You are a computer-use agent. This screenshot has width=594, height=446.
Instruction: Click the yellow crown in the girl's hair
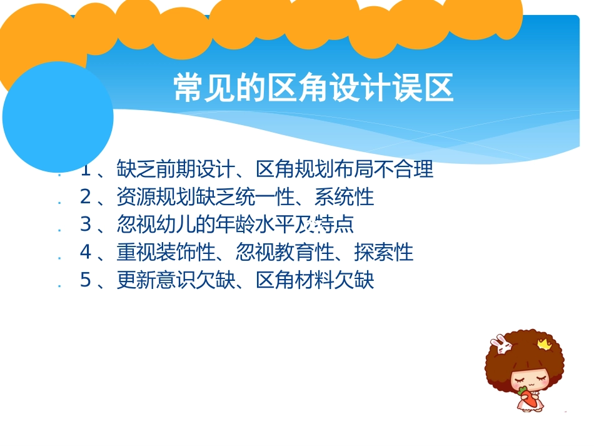[x=542, y=343]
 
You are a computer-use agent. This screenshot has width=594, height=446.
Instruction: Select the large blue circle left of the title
[x=58, y=117]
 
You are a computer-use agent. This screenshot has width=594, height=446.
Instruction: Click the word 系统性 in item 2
[x=344, y=197]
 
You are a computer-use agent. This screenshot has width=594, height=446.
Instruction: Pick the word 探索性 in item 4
[x=383, y=253]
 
